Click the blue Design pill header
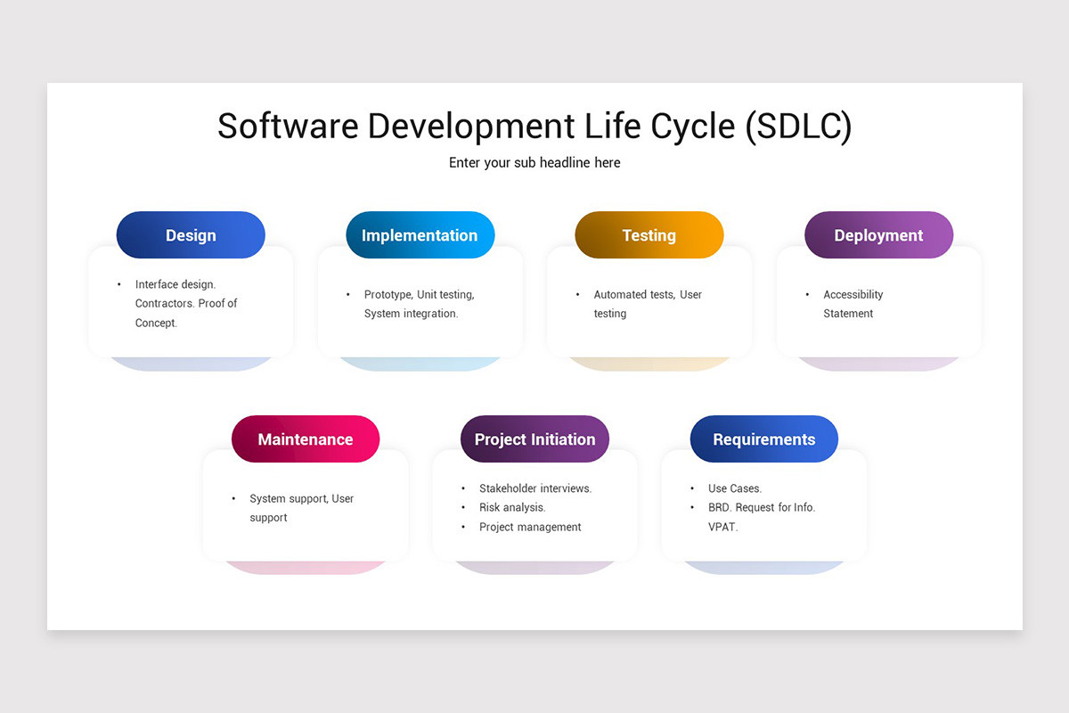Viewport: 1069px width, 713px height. tap(191, 235)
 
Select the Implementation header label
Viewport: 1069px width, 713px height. tap(420, 235)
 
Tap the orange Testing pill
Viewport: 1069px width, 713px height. tap(649, 235)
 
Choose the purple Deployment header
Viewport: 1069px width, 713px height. tap(878, 235)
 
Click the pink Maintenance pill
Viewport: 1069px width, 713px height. tap(306, 439)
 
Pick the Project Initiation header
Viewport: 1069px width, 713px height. tap(534, 439)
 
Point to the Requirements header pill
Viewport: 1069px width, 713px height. tap(763, 439)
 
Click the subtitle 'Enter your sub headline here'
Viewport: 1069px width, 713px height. tap(534, 162)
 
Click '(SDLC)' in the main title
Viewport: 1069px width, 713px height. tap(797, 127)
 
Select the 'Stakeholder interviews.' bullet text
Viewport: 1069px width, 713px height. tap(535, 488)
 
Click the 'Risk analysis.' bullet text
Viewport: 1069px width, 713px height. tap(512, 507)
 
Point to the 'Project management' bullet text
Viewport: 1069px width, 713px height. tap(530, 527)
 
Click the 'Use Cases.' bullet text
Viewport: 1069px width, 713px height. tap(735, 488)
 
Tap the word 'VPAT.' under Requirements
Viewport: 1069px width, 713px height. tap(723, 527)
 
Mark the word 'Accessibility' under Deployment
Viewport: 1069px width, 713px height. tap(853, 294)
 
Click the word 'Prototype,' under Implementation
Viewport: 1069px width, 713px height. tap(388, 294)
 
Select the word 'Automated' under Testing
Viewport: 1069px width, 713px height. tap(621, 294)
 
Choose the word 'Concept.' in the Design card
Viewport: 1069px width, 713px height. tap(157, 323)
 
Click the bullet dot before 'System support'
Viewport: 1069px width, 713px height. tap(233, 499)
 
